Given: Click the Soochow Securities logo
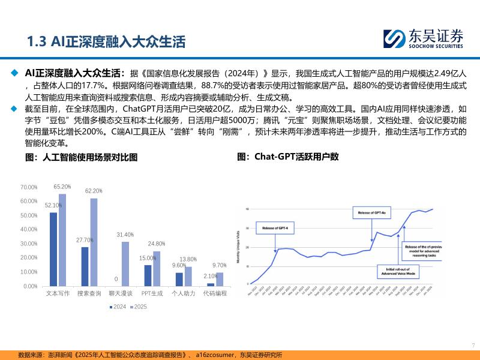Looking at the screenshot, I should tap(424, 38).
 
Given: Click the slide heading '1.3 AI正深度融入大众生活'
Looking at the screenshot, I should tap(106, 41).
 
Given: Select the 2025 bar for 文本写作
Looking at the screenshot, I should tap(62, 240).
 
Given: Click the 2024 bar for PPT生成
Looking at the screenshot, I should tap(148, 275).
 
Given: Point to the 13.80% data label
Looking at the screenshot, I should tap(188, 259).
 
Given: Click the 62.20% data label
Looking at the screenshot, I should tap(94, 191).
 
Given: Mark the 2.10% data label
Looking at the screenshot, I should tap(210, 276).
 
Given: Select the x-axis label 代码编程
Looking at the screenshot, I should tap(215, 293).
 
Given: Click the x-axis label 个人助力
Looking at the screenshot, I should tap(184, 293).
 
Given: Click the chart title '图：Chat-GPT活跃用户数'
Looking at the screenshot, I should tap(288, 157).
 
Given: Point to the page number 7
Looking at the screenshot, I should tap(473, 345).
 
